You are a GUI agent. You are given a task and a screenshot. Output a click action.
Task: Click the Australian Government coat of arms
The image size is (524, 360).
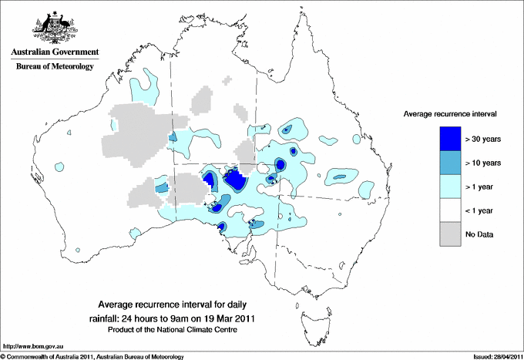54,27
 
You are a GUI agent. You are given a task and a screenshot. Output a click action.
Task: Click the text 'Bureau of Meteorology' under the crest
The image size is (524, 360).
54,67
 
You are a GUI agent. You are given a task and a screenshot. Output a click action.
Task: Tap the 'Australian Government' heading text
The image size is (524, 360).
54,53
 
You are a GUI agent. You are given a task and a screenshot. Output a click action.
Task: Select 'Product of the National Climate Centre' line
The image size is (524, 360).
178,329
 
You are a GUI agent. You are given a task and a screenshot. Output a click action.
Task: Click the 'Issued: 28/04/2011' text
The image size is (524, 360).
489,356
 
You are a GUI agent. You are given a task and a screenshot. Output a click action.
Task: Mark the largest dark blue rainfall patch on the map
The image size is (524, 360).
235,181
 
